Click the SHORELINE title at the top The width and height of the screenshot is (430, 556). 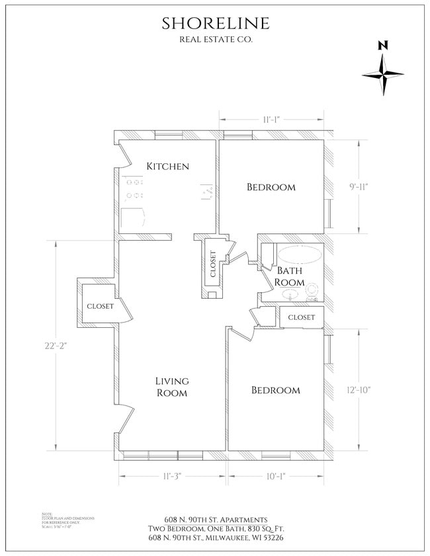coord(216,23)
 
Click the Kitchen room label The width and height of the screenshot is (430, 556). coord(168,166)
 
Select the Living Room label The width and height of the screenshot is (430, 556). coord(172,387)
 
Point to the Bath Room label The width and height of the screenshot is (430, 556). coord(290,276)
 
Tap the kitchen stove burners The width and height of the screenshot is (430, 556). coord(135,186)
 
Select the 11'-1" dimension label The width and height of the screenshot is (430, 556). coord(272,120)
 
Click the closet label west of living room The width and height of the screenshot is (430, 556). coord(100,306)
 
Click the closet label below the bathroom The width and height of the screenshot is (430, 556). coord(301,317)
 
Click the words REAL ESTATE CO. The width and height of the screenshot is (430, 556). coord(216,40)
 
